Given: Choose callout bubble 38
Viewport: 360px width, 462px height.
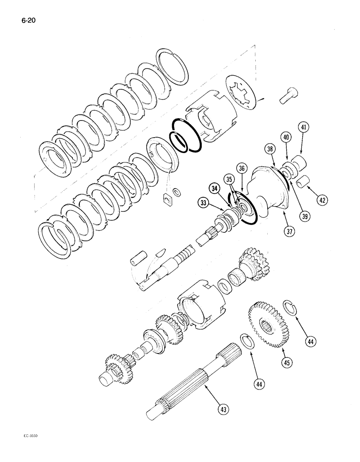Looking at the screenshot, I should click(x=270, y=148).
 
